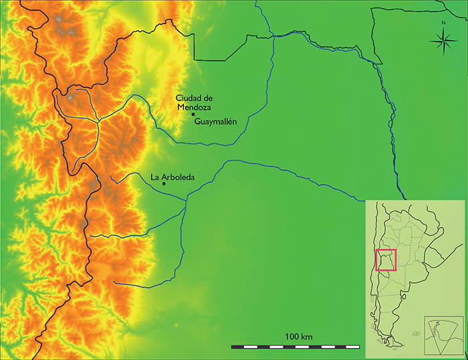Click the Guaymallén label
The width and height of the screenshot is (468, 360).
click(x=216, y=122)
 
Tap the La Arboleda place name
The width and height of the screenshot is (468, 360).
click(x=172, y=177)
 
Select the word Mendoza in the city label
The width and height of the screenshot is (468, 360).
click(x=195, y=106)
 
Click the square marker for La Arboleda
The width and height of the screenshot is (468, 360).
click(x=164, y=183)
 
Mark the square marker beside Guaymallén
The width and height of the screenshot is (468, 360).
click(x=193, y=114)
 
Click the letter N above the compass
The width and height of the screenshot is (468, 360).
click(x=443, y=23)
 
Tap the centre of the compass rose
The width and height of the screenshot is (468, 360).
click(x=443, y=44)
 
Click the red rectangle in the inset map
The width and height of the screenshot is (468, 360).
click(x=386, y=260)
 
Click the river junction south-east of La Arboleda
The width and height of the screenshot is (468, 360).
click(x=186, y=197)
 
